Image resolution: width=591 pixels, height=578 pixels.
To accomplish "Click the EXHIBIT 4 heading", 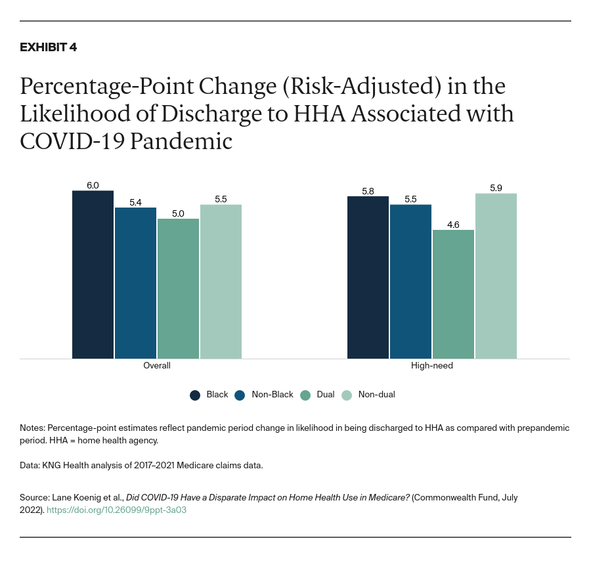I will coord(48,47).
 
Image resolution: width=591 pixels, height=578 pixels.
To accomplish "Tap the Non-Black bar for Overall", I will coord(135,283).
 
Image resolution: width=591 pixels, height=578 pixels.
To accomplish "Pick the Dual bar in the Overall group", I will coord(178,288).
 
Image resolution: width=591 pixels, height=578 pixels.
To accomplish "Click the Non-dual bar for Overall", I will coord(221,282).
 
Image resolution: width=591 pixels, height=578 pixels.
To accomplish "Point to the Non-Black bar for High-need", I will coord(410,282).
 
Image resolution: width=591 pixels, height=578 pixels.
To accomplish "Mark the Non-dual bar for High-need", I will coord(496,276).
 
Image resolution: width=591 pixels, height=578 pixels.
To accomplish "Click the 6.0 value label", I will coord(93,185).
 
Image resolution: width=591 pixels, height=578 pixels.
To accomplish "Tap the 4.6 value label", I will coord(453,225).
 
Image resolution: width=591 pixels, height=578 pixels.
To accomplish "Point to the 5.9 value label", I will coord(496,188).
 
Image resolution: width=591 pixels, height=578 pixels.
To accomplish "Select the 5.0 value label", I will coord(178,213).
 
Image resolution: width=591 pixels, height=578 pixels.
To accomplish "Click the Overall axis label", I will coord(157,365).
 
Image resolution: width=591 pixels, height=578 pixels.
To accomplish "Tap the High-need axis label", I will coord(432,365).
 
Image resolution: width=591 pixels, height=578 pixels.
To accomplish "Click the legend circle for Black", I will coord(195,395).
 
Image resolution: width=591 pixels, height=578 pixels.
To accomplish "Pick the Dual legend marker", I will coord(305,395).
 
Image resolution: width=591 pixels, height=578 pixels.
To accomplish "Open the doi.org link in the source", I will coord(116,510).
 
